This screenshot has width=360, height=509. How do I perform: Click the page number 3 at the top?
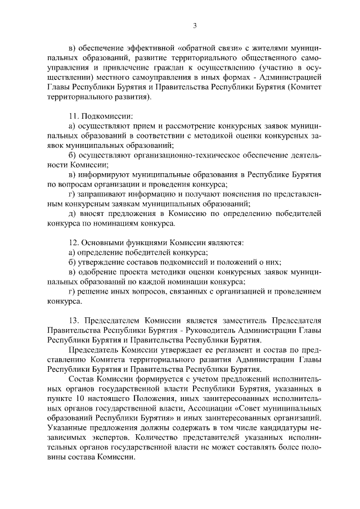pos(195,25)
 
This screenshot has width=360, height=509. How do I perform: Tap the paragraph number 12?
pos(71,242)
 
